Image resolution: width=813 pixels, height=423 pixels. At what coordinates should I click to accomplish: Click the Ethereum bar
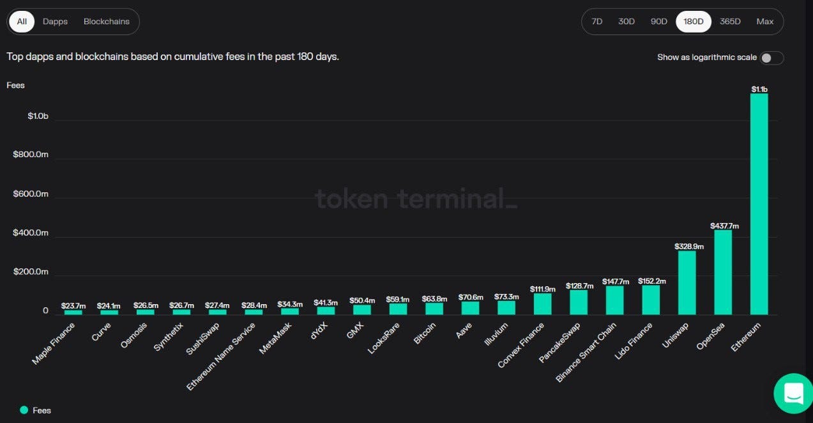click(x=759, y=204)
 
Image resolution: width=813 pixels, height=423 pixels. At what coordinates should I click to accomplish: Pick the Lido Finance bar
click(x=651, y=300)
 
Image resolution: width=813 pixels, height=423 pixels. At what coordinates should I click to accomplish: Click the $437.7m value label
click(x=724, y=226)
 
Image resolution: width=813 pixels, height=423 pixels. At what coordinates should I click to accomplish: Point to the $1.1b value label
click(x=759, y=89)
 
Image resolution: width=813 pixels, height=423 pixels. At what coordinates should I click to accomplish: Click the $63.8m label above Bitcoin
click(x=434, y=298)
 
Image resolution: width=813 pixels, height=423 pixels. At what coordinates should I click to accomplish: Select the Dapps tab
click(x=55, y=21)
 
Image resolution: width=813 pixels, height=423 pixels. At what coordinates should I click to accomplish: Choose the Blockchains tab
click(x=106, y=21)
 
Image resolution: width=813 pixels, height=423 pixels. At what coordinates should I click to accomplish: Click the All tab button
click(x=22, y=21)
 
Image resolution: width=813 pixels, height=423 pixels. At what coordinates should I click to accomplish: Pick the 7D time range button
click(x=597, y=21)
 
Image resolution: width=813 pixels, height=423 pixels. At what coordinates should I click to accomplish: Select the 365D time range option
click(x=730, y=21)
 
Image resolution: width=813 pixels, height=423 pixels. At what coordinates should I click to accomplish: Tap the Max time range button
click(x=765, y=21)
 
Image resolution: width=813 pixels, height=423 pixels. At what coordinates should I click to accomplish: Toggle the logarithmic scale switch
click(x=771, y=58)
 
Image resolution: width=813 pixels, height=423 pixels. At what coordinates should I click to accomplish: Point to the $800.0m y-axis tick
click(x=31, y=155)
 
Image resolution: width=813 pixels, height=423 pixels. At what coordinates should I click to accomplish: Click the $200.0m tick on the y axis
click(x=31, y=272)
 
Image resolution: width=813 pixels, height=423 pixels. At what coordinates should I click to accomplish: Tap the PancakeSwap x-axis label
click(x=559, y=342)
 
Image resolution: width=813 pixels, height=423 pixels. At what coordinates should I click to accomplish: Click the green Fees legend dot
click(x=24, y=410)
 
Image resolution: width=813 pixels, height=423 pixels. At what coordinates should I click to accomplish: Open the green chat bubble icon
click(x=793, y=393)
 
